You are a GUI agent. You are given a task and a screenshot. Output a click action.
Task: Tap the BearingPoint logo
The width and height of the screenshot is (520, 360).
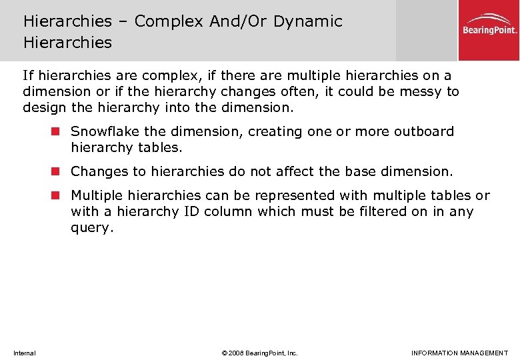pyautogui.click(x=490, y=26)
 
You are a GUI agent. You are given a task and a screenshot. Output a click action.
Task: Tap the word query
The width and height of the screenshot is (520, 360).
pyautogui.click(x=92, y=228)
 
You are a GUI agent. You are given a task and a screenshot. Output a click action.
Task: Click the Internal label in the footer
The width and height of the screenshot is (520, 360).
pyautogui.click(x=25, y=353)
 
